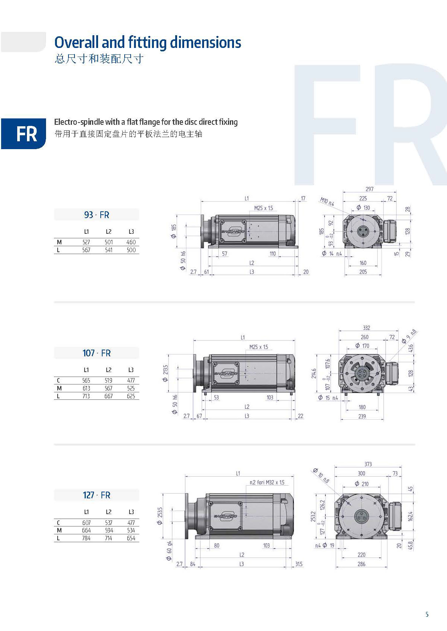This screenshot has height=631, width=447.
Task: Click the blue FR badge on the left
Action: (x=23, y=133)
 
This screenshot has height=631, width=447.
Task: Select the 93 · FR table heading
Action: (x=97, y=215)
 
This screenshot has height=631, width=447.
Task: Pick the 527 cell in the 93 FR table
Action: (x=86, y=242)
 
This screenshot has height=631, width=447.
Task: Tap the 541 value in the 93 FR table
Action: (x=109, y=250)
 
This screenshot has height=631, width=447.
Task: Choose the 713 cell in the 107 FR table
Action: (x=86, y=396)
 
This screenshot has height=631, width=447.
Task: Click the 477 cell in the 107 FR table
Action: (x=131, y=380)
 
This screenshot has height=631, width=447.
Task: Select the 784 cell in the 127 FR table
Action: (x=86, y=538)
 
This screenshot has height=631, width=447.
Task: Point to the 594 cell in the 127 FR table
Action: (x=109, y=530)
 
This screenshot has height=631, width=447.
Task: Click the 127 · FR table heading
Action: (x=97, y=495)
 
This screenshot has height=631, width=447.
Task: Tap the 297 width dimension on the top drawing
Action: (x=369, y=189)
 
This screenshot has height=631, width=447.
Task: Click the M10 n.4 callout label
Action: (x=327, y=202)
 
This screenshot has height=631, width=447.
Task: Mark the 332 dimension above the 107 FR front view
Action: (x=366, y=327)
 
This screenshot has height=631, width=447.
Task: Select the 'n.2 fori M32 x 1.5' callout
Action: (x=267, y=482)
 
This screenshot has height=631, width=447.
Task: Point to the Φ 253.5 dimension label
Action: (x=159, y=516)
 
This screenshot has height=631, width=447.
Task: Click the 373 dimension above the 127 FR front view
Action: (x=368, y=464)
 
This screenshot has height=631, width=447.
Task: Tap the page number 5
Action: (x=427, y=615)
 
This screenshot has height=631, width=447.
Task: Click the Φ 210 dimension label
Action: (x=361, y=484)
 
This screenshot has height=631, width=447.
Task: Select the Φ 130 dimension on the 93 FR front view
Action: (x=363, y=208)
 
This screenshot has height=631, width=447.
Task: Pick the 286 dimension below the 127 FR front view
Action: (x=361, y=564)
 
